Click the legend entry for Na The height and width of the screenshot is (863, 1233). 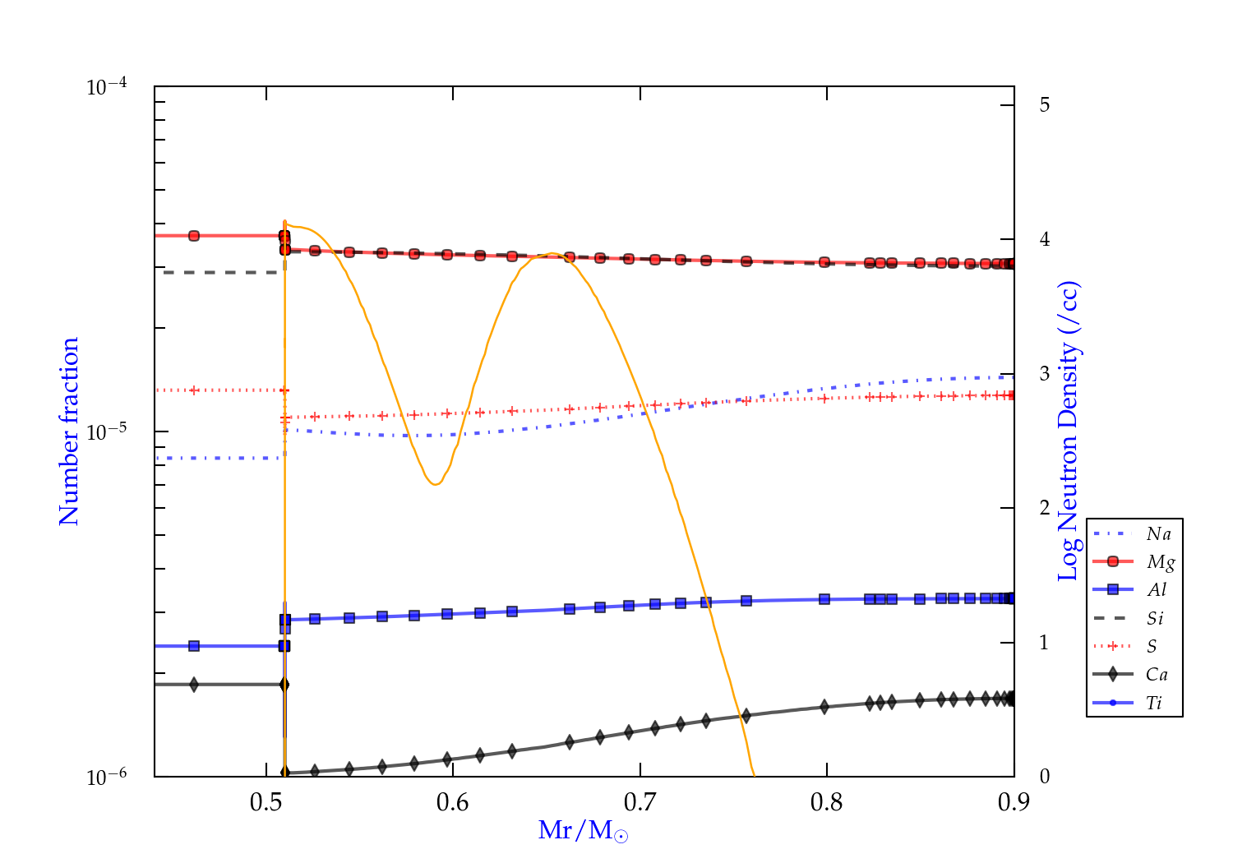tap(1158, 534)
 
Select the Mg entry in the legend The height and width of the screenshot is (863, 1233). tap(1160, 562)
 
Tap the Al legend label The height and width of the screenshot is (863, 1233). tap(1157, 590)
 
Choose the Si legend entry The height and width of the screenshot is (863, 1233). tap(1155, 618)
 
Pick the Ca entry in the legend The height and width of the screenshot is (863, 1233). tap(1157, 675)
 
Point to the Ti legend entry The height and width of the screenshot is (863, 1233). tap(1154, 703)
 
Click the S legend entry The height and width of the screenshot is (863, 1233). tap(1152, 647)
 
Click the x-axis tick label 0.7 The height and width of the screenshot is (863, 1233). tap(640, 802)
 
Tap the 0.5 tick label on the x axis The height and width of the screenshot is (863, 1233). tap(266, 802)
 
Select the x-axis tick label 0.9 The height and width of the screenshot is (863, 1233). tap(1014, 802)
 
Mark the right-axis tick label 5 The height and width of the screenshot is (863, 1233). tap(1044, 105)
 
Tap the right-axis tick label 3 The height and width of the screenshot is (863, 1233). tap(1044, 373)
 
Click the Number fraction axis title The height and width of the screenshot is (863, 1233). tap(69, 431)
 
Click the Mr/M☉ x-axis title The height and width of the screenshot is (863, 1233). tap(584, 831)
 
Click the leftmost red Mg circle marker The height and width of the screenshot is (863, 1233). tap(194, 236)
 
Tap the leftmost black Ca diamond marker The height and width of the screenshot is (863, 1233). tap(194, 685)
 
